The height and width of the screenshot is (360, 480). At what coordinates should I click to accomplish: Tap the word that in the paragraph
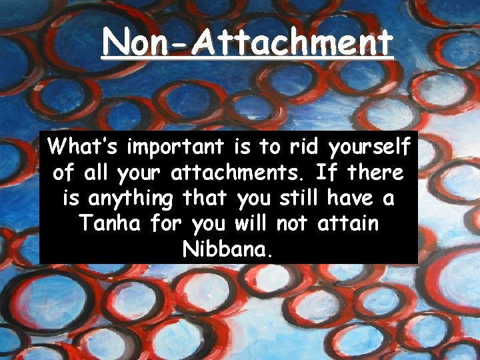pos(203,198)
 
